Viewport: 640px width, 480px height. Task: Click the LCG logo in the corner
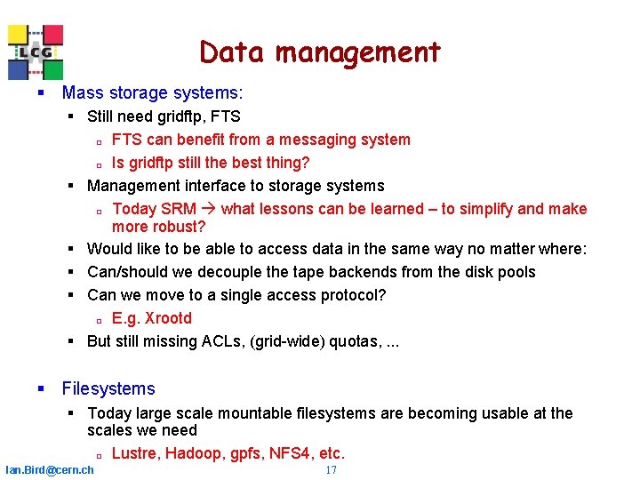(36, 52)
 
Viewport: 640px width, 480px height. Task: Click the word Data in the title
(233, 52)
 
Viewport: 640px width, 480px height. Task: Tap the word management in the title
(357, 52)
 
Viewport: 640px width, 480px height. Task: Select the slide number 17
(331, 469)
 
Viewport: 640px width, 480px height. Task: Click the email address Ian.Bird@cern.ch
(49, 469)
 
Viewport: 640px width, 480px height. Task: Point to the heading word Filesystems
(108, 388)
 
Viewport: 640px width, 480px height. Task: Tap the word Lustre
(136, 453)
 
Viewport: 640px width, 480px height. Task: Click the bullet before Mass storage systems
(41, 92)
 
